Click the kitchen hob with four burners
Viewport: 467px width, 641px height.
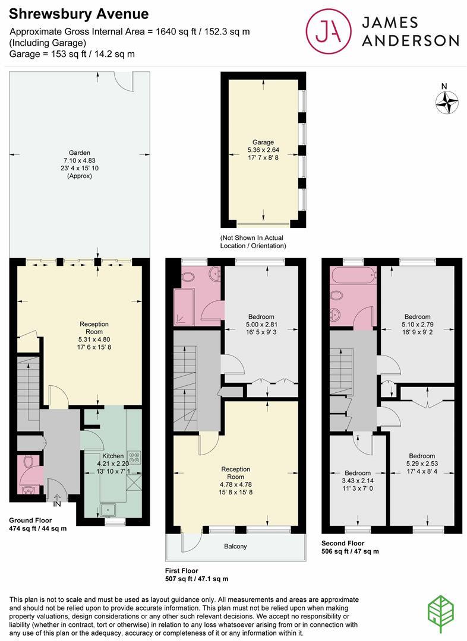coord(134,458)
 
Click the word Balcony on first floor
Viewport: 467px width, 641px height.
coord(236,546)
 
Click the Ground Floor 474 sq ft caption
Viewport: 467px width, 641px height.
coord(38,524)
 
